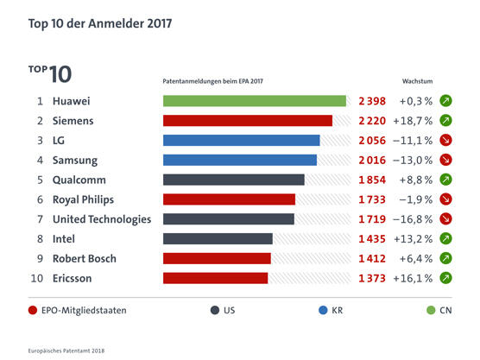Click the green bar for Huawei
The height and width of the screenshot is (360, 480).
(254, 101)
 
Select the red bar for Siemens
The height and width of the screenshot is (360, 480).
(247, 121)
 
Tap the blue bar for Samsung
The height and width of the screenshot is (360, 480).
(239, 160)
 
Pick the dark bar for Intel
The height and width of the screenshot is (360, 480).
(218, 238)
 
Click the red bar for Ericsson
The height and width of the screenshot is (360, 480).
(215, 278)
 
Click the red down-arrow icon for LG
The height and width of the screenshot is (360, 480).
(446, 141)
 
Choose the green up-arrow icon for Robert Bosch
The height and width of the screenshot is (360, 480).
(446, 258)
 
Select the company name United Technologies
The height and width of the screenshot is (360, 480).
(102, 219)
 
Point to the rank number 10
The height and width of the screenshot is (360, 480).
(36, 278)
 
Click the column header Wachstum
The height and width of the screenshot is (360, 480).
(418, 80)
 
